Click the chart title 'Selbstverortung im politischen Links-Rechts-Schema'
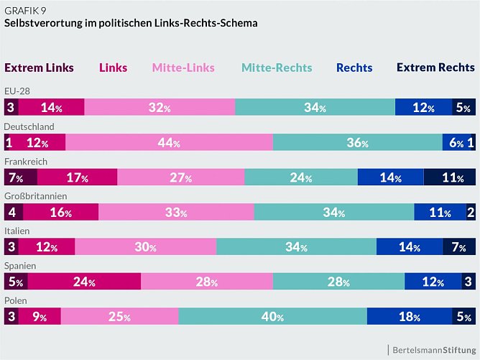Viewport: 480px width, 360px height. [x=131, y=23]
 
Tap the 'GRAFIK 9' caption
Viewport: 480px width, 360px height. [x=28, y=9]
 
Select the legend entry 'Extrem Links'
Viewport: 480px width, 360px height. [x=39, y=68]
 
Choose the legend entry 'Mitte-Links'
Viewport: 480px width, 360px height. [x=183, y=68]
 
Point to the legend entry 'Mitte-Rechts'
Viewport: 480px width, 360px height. [x=277, y=68]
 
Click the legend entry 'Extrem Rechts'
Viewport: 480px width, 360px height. [x=435, y=68]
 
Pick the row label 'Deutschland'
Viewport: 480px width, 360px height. [x=29, y=126]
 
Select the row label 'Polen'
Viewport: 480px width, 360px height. [x=16, y=300]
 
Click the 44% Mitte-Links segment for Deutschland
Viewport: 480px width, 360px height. [x=169, y=142]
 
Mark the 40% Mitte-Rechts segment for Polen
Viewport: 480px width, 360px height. [x=272, y=316]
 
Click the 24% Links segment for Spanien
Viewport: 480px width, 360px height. [x=83, y=282]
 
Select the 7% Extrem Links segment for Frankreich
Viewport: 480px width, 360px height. [x=20, y=177]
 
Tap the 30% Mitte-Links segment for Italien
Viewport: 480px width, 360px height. [x=145, y=247]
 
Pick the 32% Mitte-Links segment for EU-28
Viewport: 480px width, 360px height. [x=160, y=108]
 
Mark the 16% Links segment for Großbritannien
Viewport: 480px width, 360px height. [x=61, y=212]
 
